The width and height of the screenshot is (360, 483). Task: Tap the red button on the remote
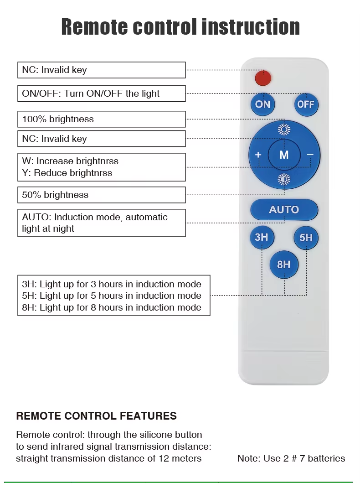[263, 78]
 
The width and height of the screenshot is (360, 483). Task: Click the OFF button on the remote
[306, 104]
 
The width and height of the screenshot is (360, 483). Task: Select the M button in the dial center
[284, 155]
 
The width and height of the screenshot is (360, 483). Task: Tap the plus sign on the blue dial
[258, 155]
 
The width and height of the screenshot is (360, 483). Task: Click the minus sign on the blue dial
[310, 155]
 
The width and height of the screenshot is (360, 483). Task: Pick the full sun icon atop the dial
[284, 130]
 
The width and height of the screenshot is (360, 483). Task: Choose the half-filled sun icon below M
[284, 179]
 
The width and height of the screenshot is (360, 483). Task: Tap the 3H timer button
[262, 238]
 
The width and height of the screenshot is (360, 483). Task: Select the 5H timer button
[306, 238]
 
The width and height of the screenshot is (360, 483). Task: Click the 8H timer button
[284, 264]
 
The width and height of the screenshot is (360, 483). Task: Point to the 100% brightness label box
[102, 119]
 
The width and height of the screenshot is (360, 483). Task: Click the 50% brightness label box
[102, 195]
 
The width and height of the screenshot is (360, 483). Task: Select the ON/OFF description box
[102, 93]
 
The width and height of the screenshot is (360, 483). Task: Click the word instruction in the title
[251, 27]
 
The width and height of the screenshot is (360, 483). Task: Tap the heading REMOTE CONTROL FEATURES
[96, 416]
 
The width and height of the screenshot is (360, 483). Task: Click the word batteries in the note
[326, 458]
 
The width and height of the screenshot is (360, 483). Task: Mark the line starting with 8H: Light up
[112, 307]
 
